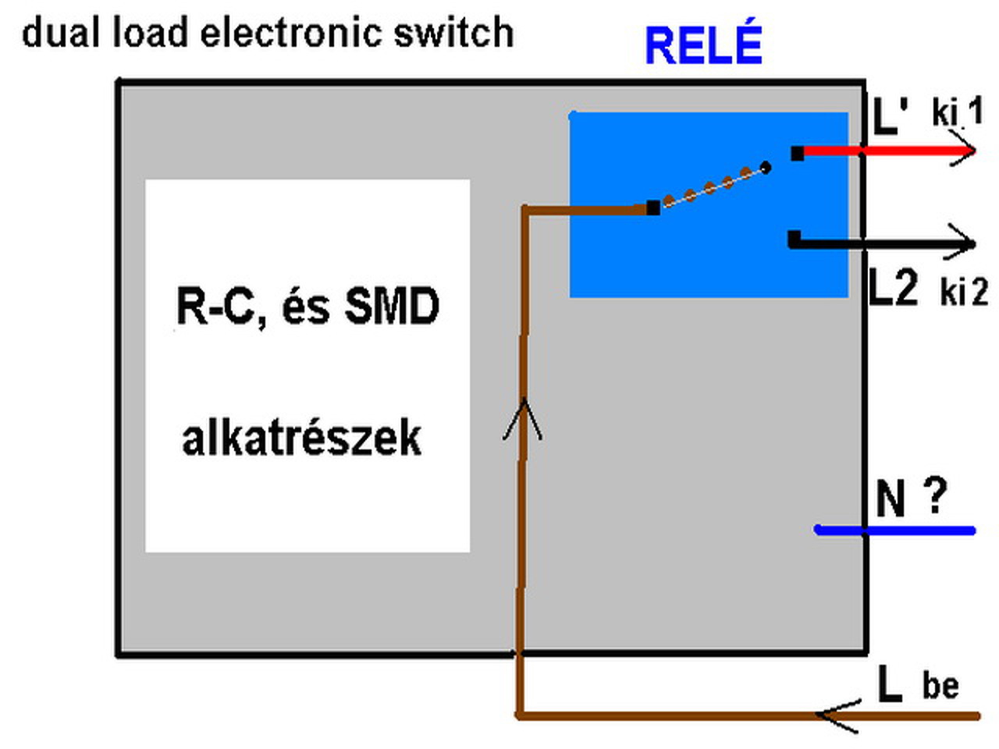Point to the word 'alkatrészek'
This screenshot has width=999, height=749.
point(301,438)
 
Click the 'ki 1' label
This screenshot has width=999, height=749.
point(957,112)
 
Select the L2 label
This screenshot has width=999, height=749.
point(893,288)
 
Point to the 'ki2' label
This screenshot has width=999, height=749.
point(963,292)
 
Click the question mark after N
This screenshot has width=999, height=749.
point(934,495)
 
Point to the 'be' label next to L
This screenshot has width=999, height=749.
point(940,686)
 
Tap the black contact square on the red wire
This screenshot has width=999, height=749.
point(797,154)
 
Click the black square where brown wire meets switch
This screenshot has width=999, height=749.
point(653,208)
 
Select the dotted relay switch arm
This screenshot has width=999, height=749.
point(710,187)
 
